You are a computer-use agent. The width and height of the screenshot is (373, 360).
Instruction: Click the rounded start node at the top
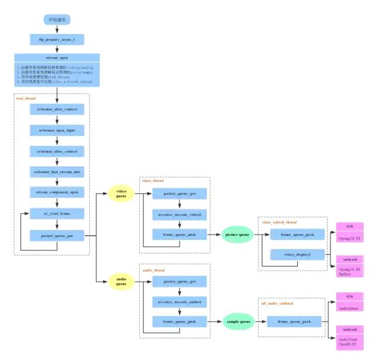tap(57, 20)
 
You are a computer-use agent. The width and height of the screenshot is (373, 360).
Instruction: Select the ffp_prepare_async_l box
tap(57, 39)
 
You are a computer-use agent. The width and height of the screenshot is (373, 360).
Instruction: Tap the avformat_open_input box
tap(57, 130)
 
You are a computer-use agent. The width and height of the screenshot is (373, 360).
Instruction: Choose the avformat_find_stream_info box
tap(57, 172)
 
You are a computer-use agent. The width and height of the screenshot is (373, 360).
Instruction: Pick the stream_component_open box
tap(57, 192)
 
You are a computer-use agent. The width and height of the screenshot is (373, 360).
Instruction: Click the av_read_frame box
tap(57, 214)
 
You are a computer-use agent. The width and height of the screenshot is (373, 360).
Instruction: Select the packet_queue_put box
tap(57, 235)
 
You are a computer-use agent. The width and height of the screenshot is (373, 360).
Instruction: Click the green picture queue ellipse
tap(237, 235)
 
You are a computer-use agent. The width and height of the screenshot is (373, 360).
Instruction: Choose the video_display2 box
tap(298, 255)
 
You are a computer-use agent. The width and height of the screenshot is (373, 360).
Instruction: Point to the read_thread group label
tap(26, 99)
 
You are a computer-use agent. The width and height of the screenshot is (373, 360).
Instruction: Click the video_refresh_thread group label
tap(279, 222)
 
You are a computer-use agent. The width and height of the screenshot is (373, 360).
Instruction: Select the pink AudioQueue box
tap(350, 306)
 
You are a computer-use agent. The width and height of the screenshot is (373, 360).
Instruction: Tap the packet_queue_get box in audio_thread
tap(180, 281)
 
